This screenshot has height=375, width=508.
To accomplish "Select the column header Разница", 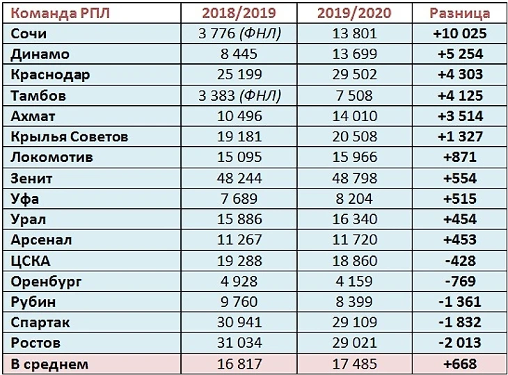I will coord(459,13).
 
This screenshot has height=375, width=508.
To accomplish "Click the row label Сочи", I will coord(29,33).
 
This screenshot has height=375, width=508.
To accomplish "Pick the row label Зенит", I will coord(33,178).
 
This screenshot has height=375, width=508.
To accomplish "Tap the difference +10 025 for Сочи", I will coord(459,33).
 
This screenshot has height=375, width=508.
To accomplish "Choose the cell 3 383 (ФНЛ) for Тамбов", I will coord(239,95).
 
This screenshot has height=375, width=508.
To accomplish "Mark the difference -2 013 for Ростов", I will coord(459,343).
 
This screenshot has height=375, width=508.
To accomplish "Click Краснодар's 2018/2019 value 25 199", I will coord(239,74).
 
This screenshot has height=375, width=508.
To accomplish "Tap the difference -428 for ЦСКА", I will coord(459,261).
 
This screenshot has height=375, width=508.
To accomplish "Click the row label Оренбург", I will coord(47,282).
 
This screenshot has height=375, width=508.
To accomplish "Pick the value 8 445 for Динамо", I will coord(239,54).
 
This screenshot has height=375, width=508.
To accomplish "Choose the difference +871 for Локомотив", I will coord(459,157).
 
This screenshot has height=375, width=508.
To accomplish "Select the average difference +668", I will coord(459,363).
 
